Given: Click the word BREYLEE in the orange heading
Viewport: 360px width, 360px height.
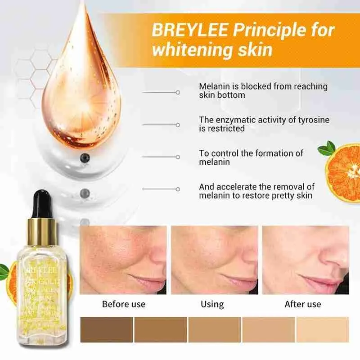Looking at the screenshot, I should pos(182,31).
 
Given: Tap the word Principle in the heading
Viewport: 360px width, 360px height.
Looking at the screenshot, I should pos(257,31).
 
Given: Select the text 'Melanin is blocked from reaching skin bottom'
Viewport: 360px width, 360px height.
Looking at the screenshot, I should pos(263,90).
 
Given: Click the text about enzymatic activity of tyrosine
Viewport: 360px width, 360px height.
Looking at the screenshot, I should pos(264,124).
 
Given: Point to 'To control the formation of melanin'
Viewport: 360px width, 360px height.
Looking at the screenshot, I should pos(251,157).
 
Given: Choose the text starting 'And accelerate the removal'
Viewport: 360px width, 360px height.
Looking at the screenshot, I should pos(256,191).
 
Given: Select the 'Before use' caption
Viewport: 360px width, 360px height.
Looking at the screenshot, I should pos(124,304).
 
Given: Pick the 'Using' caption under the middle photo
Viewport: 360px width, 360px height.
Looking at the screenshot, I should pos(212,304).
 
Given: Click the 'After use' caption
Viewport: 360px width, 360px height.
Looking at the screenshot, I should pos(302,304).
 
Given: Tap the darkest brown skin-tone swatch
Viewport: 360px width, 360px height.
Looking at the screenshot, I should pos(107,329).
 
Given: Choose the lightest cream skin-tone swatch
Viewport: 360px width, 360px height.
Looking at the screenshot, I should pos(323,329).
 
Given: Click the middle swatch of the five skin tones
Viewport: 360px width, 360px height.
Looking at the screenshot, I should pos(215,329).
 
